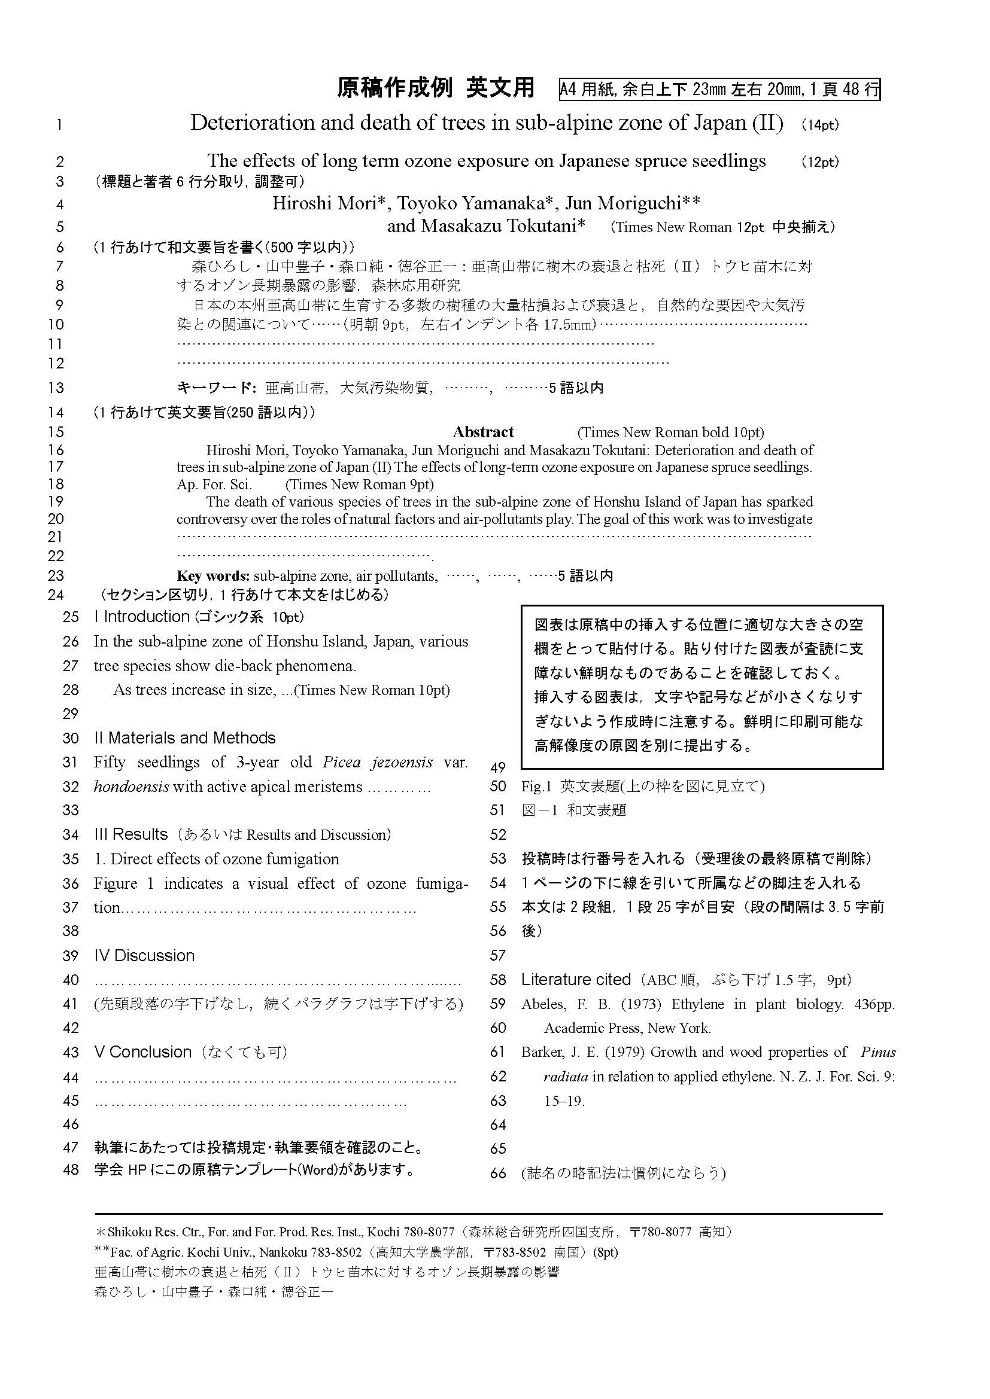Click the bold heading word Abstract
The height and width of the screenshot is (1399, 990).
483,432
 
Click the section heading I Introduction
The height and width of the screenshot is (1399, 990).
141,617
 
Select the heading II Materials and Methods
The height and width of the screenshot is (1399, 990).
185,738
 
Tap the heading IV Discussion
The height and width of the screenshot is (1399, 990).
144,955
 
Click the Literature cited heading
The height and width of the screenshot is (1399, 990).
575,980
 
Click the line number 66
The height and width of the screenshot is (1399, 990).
498,1173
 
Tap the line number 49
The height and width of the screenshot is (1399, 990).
498,767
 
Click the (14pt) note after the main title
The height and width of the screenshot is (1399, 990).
820,125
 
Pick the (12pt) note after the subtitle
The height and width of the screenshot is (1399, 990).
820,162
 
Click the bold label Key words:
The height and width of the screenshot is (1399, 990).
212,576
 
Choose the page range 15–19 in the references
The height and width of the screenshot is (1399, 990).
564,1101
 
